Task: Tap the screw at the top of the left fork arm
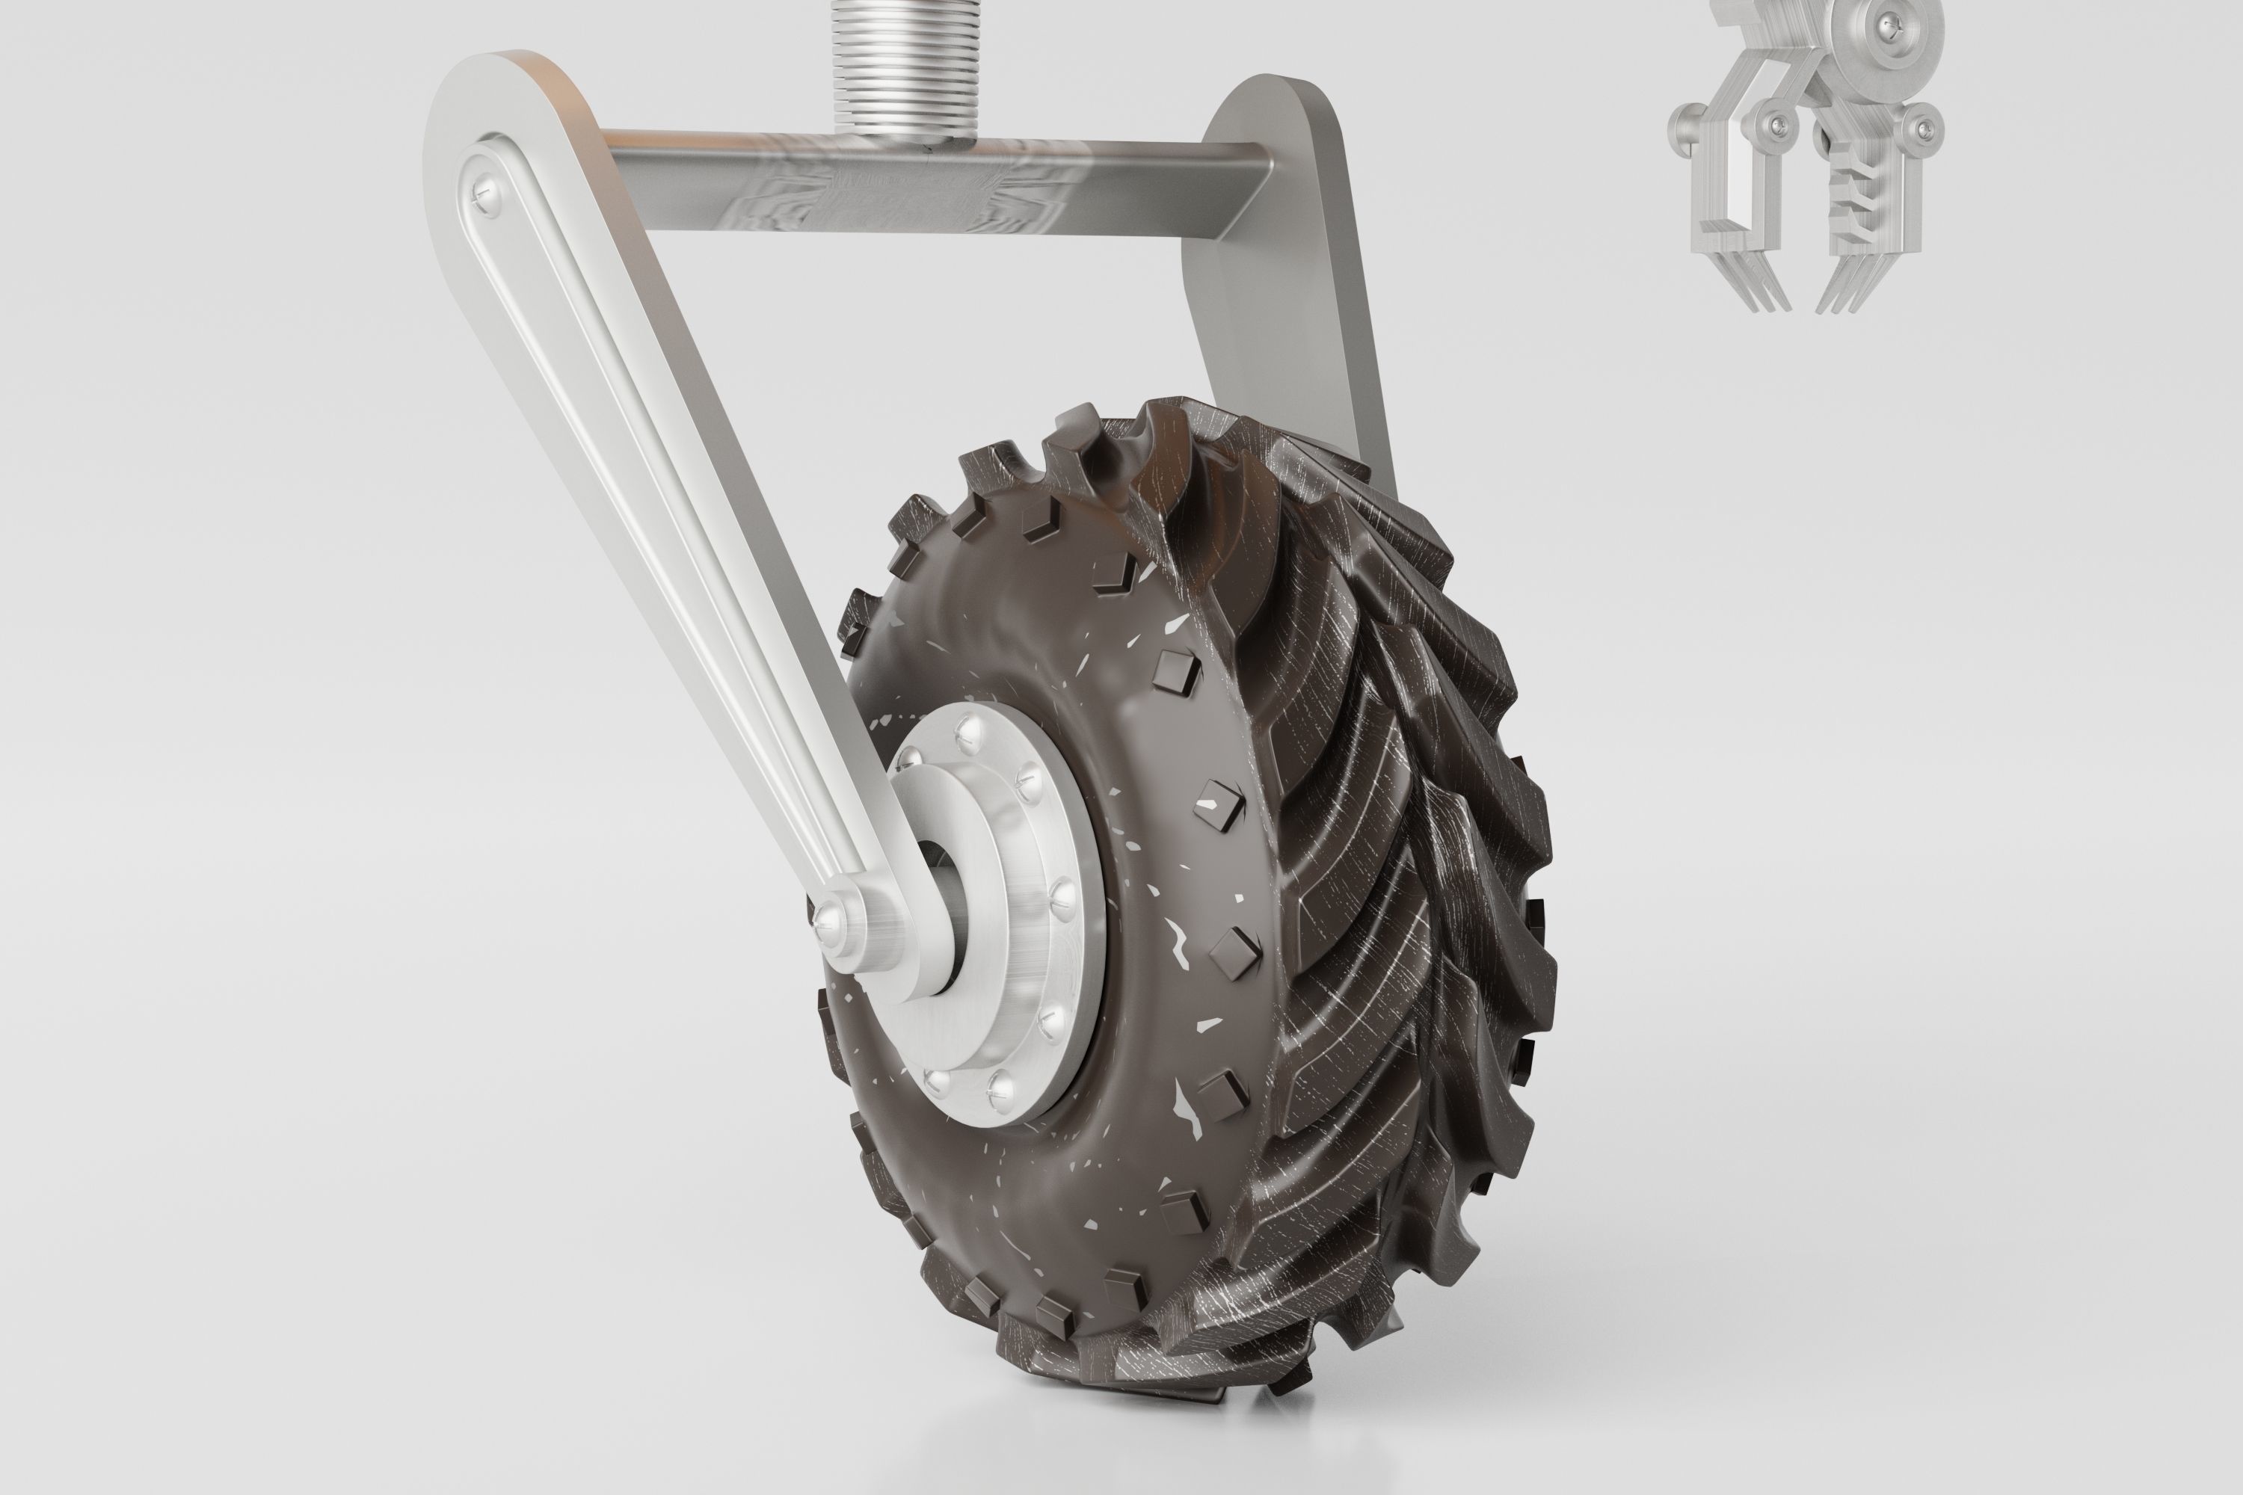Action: click(x=484, y=194)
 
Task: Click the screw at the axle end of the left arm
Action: click(x=831, y=917)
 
